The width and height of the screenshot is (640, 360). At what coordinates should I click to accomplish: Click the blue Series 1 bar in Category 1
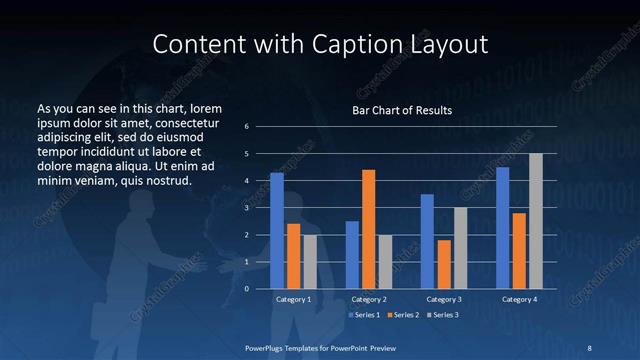coord(277,231)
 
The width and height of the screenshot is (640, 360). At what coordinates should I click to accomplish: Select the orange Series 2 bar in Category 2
coord(368,229)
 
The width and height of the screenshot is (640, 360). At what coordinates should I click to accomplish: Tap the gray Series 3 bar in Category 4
coord(536,221)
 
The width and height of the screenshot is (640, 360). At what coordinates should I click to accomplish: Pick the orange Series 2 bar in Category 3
coord(443,264)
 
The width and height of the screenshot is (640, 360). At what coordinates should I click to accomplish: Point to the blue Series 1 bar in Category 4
coord(503,228)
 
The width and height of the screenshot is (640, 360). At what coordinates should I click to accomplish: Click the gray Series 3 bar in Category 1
coord(310,261)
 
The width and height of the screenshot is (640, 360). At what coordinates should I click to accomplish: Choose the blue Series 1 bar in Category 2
coord(352,255)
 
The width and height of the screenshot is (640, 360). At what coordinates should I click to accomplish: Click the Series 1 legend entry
coord(365,315)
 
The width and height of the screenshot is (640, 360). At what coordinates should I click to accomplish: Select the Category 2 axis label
coord(368,299)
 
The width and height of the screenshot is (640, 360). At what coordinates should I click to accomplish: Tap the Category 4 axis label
coord(519,299)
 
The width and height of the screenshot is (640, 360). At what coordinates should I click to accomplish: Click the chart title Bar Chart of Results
coord(403,110)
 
